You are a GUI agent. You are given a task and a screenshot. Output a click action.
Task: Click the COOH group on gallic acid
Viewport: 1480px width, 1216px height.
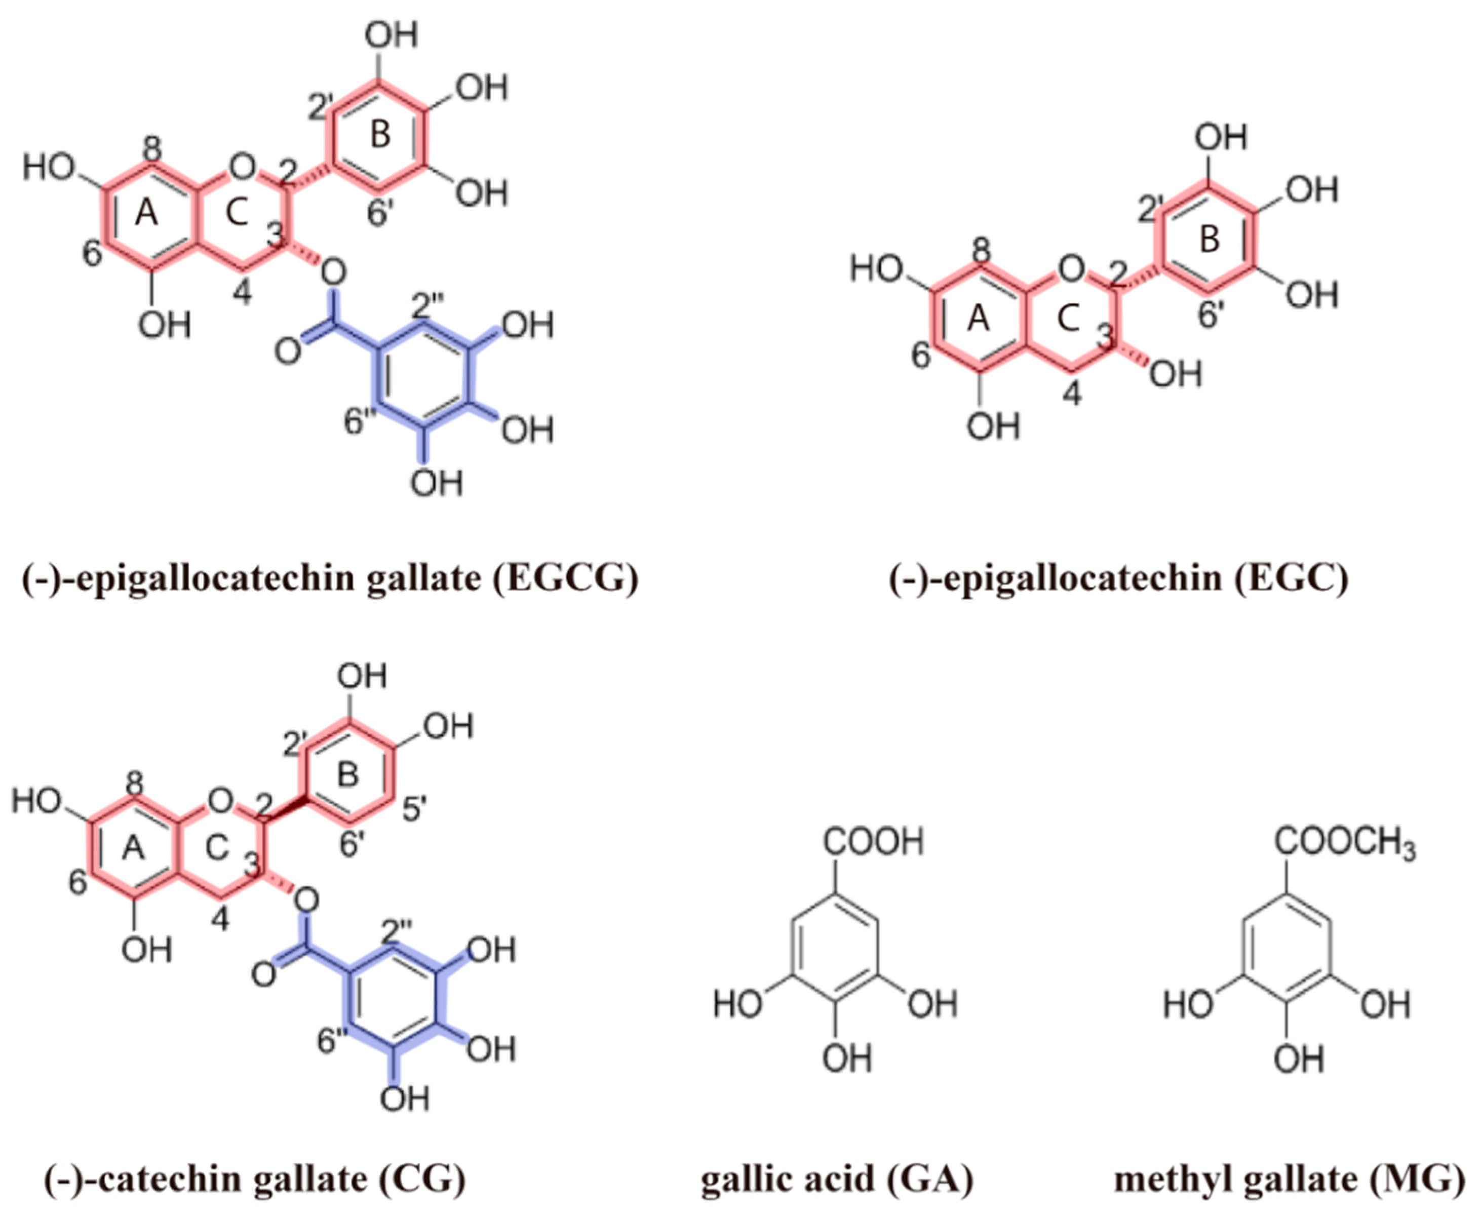click(873, 841)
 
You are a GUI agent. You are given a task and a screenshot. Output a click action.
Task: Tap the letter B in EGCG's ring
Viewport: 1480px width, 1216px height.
click(380, 134)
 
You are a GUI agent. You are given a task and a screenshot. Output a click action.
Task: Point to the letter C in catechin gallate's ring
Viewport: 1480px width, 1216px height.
click(218, 848)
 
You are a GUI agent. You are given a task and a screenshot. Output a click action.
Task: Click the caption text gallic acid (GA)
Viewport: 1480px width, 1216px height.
click(837, 1180)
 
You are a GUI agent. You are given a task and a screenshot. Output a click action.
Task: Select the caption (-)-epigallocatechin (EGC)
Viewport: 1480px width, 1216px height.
click(1118, 578)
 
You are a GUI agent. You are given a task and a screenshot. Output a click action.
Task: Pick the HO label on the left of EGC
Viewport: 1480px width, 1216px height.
click(876, 269)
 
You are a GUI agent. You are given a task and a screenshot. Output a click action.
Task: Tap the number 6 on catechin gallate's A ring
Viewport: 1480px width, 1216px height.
click(77, 883)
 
